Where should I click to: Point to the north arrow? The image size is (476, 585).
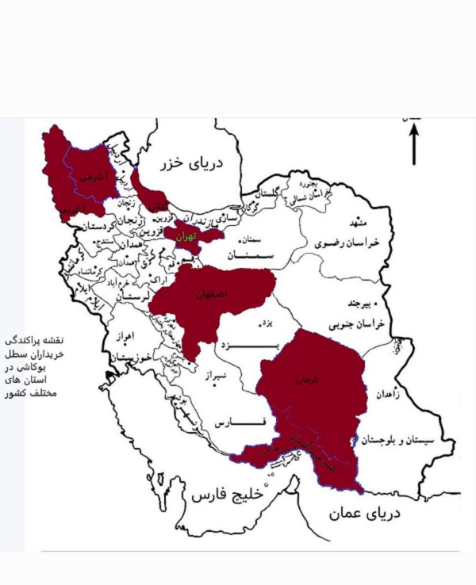point(413,144)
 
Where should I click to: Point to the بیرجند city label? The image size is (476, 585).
point(355,304)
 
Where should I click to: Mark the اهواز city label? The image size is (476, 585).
point(127,336)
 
